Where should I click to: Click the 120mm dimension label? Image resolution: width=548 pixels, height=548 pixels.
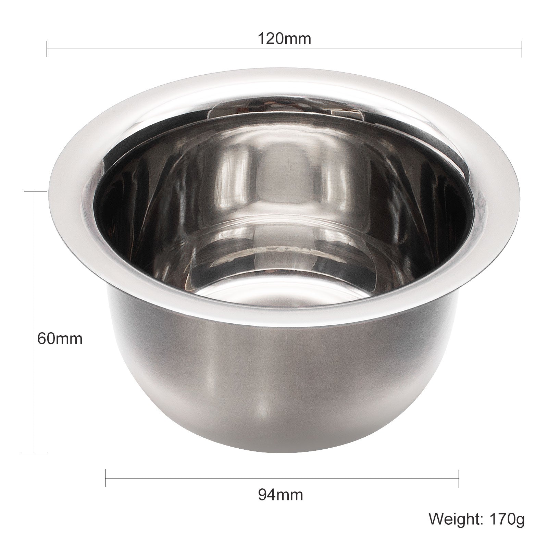[284, 39]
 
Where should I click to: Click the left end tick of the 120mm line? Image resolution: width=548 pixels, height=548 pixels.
[47, 49]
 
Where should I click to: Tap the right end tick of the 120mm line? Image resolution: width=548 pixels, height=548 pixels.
[521, 49]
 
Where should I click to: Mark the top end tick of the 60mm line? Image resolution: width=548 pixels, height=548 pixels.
[34, 191]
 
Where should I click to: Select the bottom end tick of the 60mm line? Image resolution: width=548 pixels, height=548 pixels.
[34, 453]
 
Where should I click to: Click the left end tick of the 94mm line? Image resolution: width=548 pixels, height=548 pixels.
[105, 478]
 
